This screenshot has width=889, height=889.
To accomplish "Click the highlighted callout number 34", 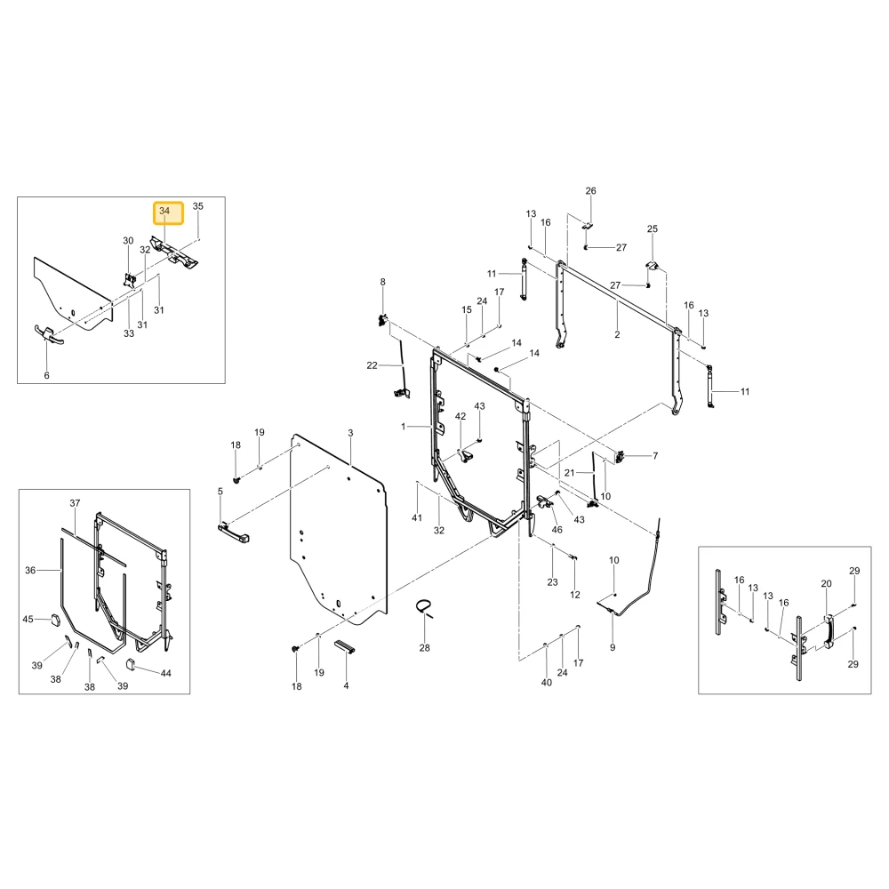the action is [x=164, y=211].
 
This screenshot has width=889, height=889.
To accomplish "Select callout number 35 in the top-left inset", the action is [x=198, y=206].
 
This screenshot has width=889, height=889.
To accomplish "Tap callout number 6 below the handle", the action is [x=46, y=375].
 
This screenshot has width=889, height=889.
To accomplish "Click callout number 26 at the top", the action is [x=591, y=190].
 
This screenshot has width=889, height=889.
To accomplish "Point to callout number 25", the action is [x=653, y=228].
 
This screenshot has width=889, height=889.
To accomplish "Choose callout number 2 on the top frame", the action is [x=618, y=334].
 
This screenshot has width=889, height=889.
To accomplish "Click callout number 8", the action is [x=382, y=282].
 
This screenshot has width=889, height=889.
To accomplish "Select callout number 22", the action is [x=372, y=365].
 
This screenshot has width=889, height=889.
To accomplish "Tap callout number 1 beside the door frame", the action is [x=404, y=427].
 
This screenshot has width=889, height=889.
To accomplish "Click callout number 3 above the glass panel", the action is [x=350, y=433].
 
